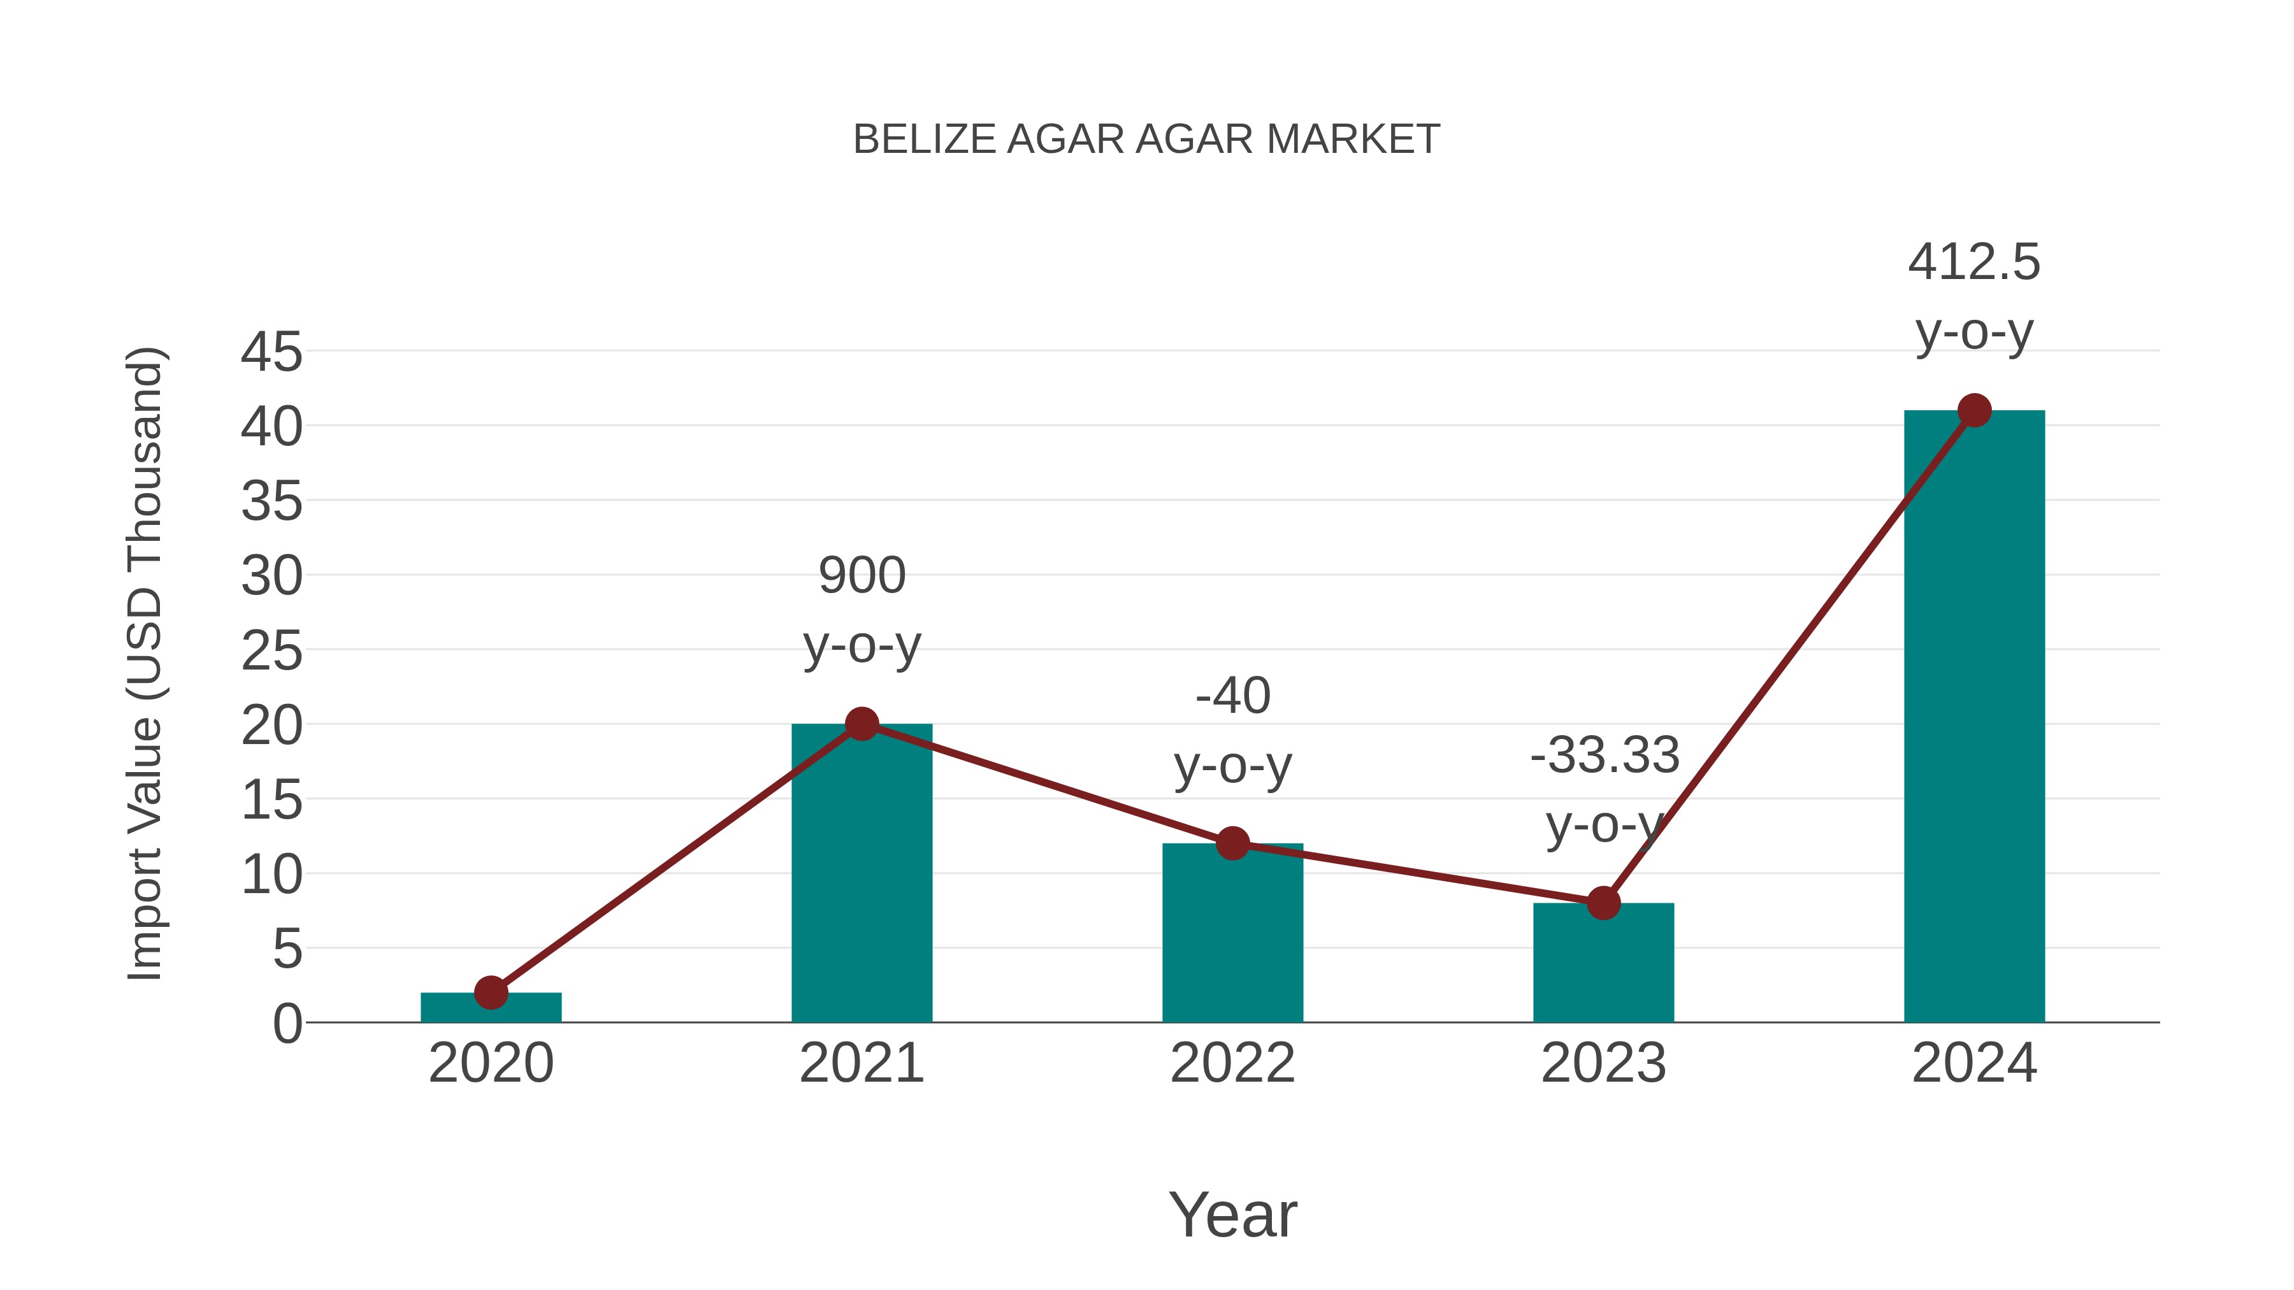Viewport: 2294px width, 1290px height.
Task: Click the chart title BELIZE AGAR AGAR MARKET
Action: pyautogui.click(x=1146, y=140)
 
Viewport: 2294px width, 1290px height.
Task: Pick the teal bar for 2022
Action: pyautogui.click(x=1232, y=943)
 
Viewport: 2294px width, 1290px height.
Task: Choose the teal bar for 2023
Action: pyautogui.click(x=1603, y=970)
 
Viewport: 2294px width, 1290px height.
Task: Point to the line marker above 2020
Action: pyautogui.click(x=491, y=992)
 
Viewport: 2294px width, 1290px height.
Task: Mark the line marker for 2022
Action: pyautogui.click(x=1232, y=843)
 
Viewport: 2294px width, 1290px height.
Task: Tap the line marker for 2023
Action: pyautogui.click(x=1603, y=903)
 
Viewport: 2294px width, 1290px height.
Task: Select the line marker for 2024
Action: pyautogui.click(x=1974, y=410)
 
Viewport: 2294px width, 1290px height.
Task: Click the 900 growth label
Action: pyautogui.click(x=862, y=575)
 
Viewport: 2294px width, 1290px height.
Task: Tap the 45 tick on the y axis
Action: pyautogui.click(x=271, y=352)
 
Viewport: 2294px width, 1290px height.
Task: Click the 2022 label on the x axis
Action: pyautogui.click(x=1232, y=1063)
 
